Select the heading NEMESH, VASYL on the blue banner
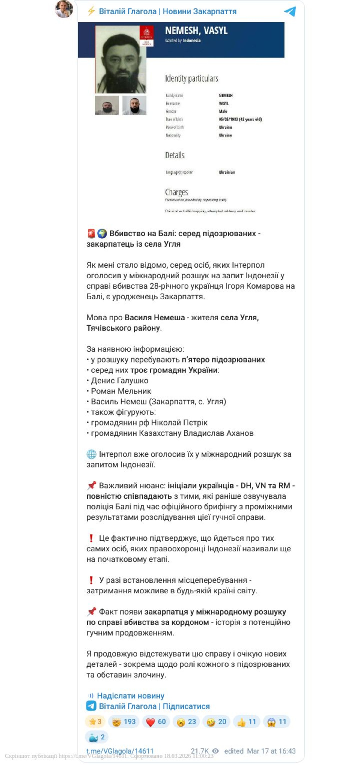(x=196, y=31)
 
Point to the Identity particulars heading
(x=191, y=79)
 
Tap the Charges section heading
(x=176, y=192)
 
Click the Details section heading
(x=175, y=155)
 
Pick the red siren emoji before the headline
(x=91, y=234)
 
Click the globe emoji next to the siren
(x=102, y=234)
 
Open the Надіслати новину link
(x=130, y=696)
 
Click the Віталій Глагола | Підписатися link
(x=154, y=706)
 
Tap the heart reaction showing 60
(x=156, y=722)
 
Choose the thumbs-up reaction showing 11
(x=246, y=722)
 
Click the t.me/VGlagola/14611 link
(x=120, y=751)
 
